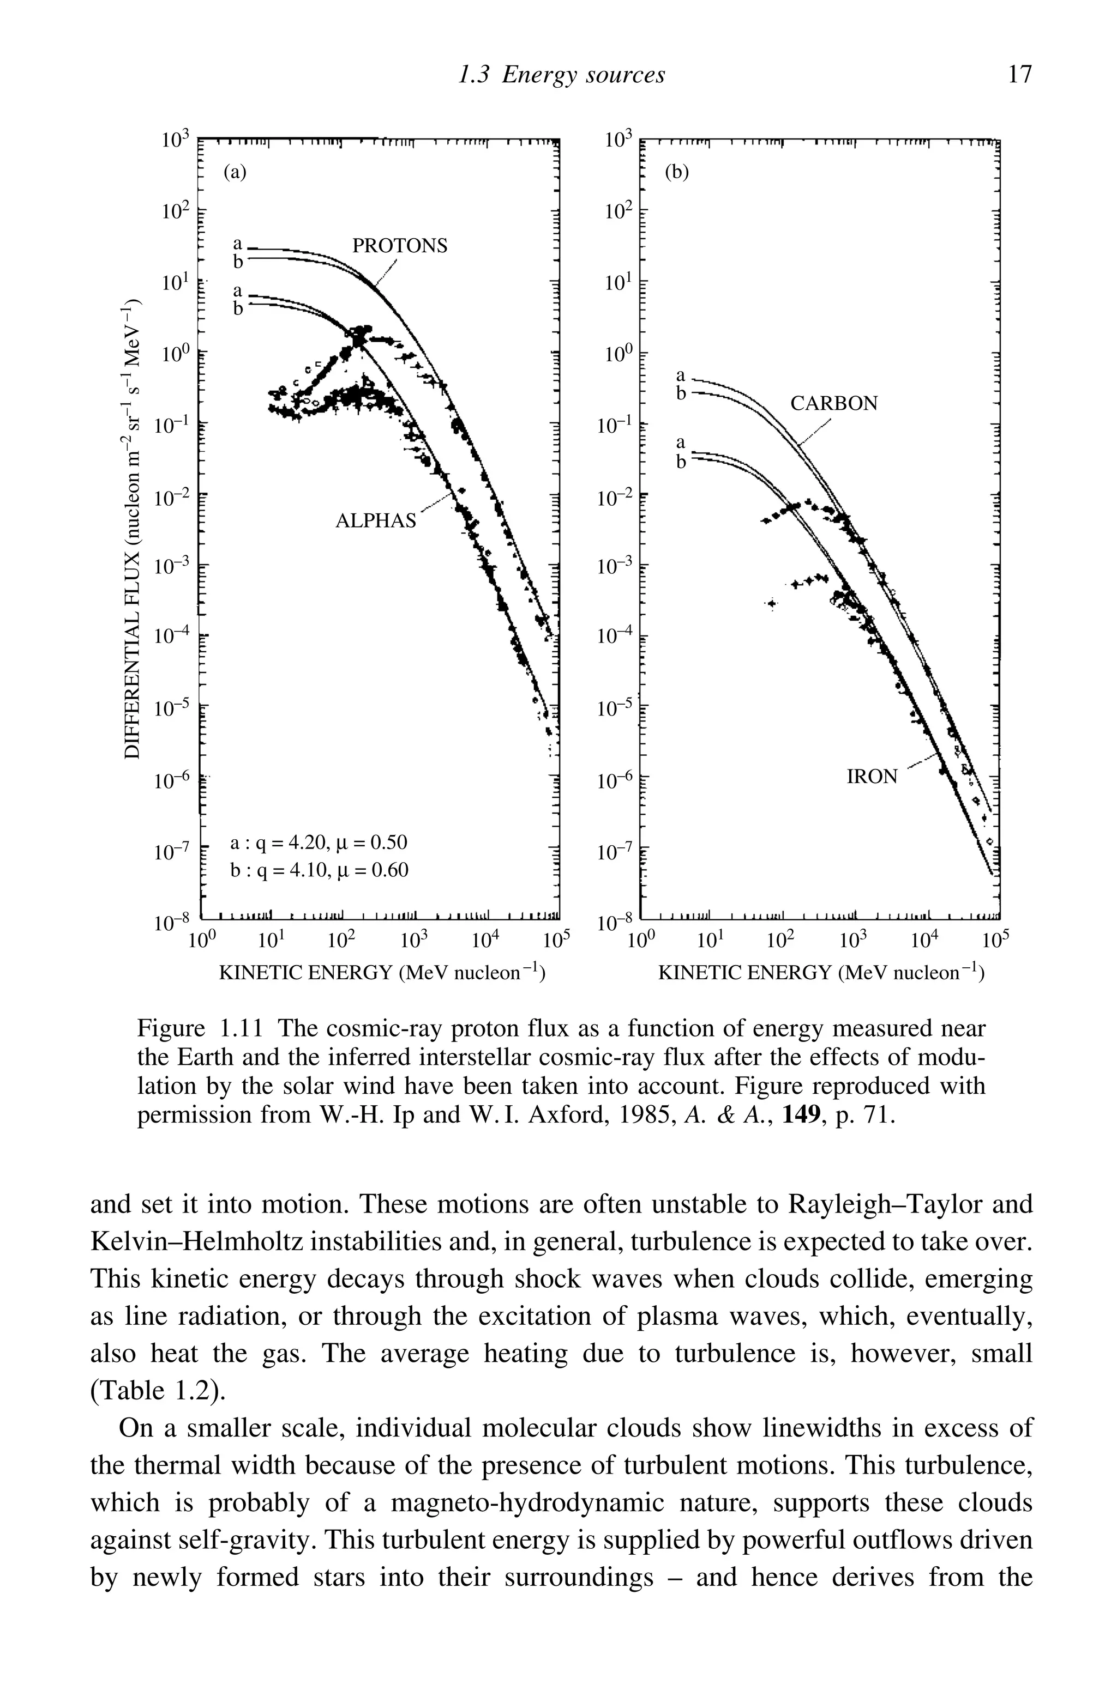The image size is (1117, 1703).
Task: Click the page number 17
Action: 1019,75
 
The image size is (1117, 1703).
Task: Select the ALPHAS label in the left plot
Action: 375,521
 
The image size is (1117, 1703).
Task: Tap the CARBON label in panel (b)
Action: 833,404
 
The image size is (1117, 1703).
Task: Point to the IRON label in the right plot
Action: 872,777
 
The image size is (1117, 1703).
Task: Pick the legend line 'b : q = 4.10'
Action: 318,870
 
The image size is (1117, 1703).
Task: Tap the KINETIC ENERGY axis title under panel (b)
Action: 820,973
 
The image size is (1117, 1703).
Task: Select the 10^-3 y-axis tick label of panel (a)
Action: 172,566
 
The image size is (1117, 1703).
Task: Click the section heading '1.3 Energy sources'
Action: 561,75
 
